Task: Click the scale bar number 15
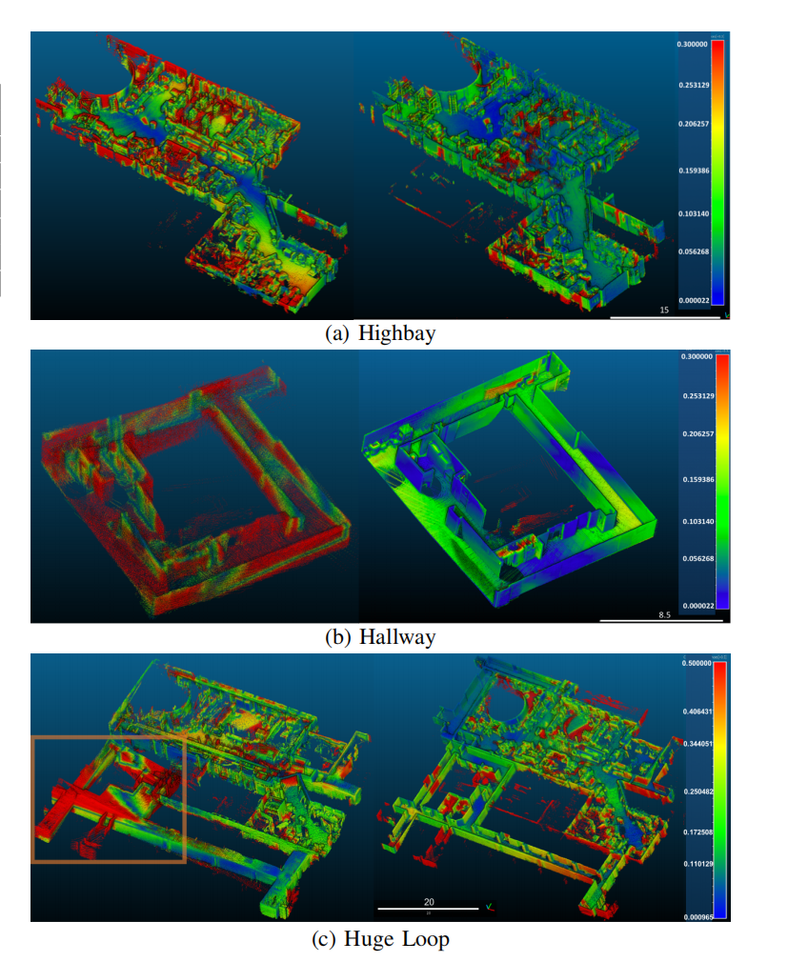[x=664, y=311]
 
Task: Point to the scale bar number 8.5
[x=664, y=615]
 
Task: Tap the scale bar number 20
[x=429, y=901]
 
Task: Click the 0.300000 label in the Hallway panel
[x=697, y=357]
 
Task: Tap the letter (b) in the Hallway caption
[x=336, y=636]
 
